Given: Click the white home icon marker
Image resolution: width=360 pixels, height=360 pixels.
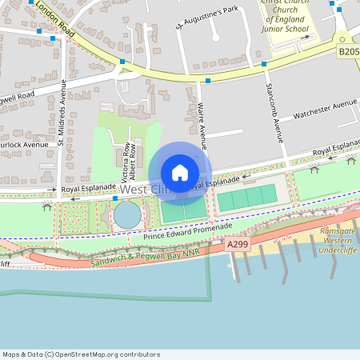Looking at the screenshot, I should pos(180,173).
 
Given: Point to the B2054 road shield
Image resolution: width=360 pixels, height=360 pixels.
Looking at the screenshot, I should pos(348,51).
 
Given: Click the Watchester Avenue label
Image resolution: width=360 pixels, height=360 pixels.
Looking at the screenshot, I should pos(325,108).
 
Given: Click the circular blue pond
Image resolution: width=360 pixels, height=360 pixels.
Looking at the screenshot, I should pos(126,215).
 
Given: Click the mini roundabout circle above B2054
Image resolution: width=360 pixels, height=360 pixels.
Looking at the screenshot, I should pos(342,38).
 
